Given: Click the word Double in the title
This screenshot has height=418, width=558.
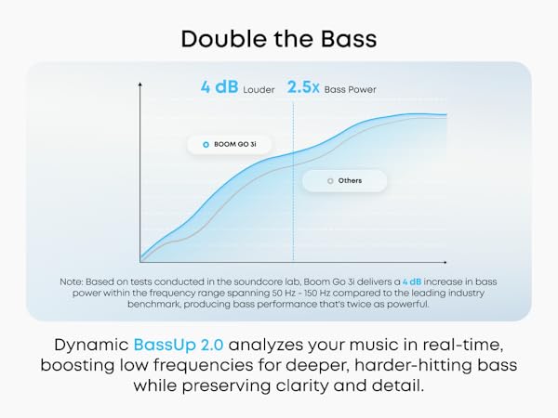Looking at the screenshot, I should [x=219, y=38].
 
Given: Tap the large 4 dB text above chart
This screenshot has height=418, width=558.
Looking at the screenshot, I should [x=219, y=87].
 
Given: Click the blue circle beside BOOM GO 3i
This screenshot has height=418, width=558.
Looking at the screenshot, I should [x=205, y=144].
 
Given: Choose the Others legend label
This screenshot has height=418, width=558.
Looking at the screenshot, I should [x=350, y=180].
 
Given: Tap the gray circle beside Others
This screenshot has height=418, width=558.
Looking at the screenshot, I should [x=329, y=180].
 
